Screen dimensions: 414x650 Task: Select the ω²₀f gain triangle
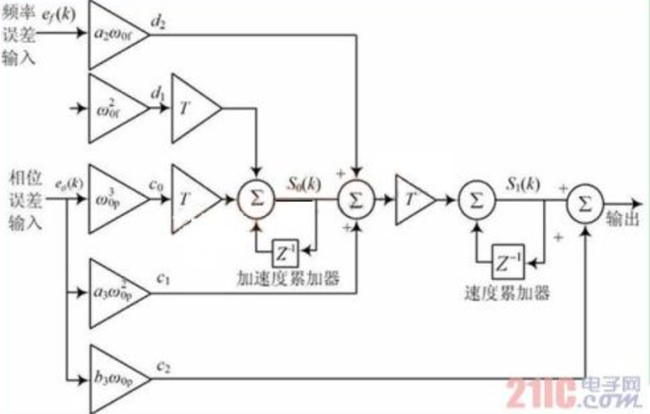tap(113, 109)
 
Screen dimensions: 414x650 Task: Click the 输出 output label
tap(627, 217)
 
